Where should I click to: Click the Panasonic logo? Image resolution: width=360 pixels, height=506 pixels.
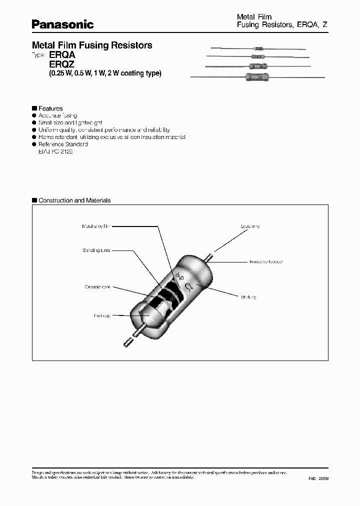pos(62,23)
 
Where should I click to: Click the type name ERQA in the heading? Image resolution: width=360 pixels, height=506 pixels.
pos(62,55)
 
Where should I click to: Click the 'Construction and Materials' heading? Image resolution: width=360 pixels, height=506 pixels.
pos(74,200)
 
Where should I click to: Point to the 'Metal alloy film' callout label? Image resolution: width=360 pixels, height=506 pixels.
pos(95,226)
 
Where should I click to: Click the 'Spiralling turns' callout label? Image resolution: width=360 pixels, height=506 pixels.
pos(96,250)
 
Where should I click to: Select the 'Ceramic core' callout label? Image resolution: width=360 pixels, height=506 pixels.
pos(97,287)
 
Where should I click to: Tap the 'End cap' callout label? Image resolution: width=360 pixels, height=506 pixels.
pos(101,315)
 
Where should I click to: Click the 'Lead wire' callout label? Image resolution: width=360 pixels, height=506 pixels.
pos(250,226)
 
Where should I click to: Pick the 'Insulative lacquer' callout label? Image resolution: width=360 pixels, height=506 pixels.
pos(266,261)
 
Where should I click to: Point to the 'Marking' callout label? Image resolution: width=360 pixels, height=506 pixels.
pos(248,297)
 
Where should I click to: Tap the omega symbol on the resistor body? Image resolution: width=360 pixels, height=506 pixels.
pos(189,286)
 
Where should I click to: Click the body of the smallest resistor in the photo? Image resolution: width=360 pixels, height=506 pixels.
pos(258,48)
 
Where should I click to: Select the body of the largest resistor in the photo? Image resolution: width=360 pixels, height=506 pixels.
pos(256,77)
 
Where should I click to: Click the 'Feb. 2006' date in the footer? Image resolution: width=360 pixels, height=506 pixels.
pos(318,478)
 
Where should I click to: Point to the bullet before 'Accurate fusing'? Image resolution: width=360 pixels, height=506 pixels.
pos(34,115)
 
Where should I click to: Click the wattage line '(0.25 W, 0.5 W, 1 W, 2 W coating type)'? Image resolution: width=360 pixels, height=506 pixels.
pos(105,74)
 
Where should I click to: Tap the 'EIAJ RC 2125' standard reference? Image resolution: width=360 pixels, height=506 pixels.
pos(55,151)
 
